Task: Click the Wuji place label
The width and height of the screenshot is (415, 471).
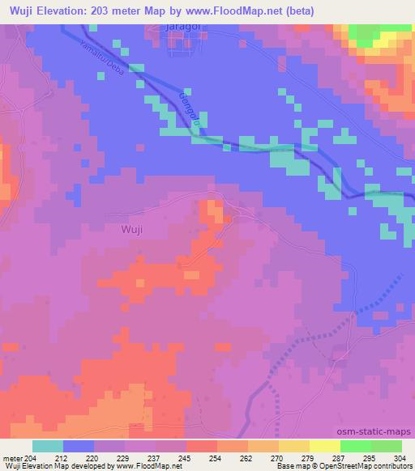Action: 131,229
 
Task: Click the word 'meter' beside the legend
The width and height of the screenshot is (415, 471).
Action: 12,457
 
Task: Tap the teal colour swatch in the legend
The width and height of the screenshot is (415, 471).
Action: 48,446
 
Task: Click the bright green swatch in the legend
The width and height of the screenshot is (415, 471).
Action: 356,446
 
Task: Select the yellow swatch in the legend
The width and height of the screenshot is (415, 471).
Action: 325,446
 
